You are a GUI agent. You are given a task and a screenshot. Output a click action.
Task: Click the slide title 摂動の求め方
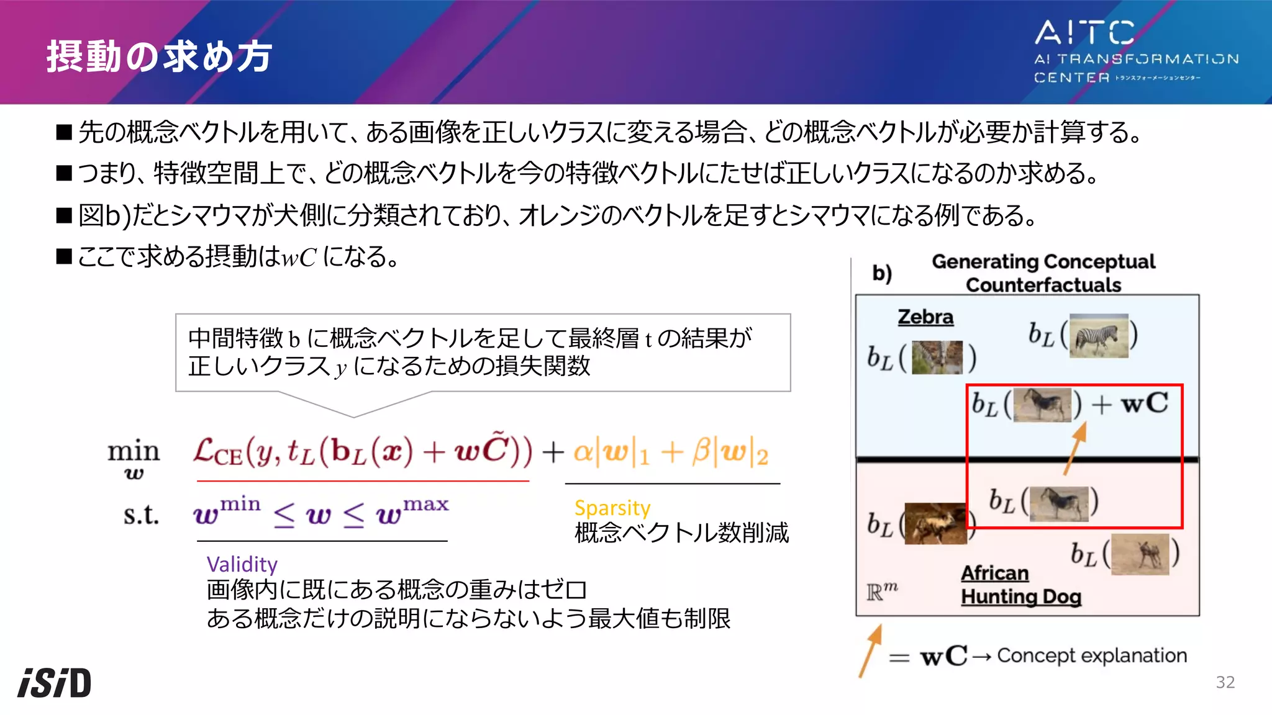pos(159,56)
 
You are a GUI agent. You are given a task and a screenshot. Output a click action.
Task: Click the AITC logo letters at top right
pos(1084,32)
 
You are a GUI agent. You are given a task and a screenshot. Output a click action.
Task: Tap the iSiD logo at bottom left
pos(55,683)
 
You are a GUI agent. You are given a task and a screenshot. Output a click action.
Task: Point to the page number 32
pos(1225,682)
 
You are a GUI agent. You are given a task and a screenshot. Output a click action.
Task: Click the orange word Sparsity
pos(612,508)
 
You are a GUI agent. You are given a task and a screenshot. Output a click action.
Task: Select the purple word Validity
pos(242,564)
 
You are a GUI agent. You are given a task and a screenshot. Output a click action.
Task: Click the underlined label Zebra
pos(925,317)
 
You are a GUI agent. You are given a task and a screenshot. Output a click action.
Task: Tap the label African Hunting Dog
pos(1020,585)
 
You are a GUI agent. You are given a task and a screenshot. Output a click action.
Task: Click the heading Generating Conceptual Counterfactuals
pos(1043,273)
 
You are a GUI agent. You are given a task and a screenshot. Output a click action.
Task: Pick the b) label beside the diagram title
pos(882,273)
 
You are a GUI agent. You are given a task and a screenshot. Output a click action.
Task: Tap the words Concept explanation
pos(1092,655)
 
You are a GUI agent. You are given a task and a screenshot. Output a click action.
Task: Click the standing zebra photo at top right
pos(1098,336)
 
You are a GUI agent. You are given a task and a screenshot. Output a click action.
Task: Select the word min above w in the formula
pos(134,451)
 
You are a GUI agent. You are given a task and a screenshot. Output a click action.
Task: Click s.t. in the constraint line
pos(141,515)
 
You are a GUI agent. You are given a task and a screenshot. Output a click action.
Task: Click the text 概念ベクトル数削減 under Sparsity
pos(681,533)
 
